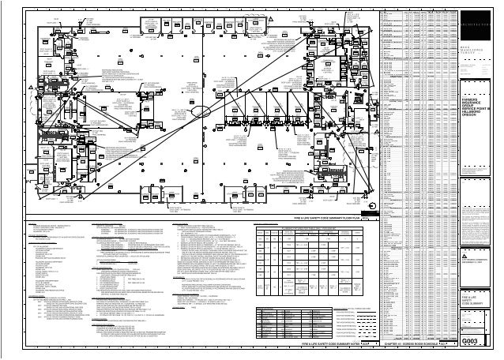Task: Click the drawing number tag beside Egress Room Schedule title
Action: (450, 345)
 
